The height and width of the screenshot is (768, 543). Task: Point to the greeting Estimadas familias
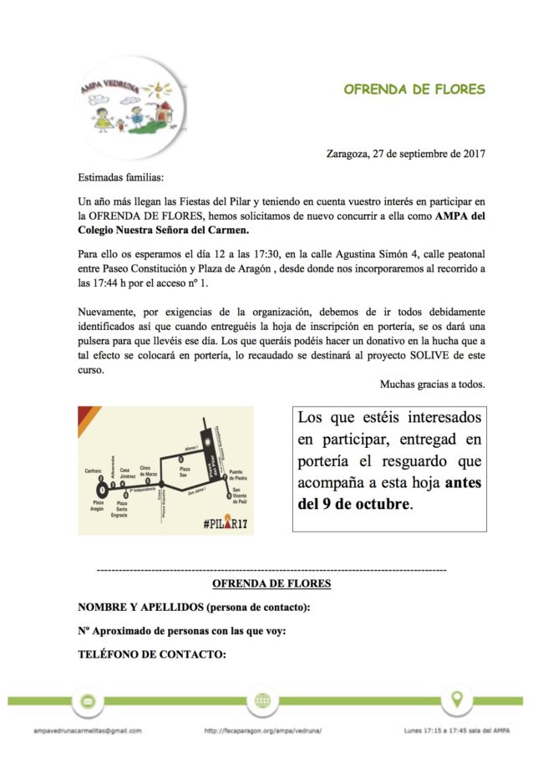tap(121, 178)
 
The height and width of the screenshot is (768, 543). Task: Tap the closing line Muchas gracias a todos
tap(433, 384)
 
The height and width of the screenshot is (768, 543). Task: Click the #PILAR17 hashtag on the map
tap(226, 523)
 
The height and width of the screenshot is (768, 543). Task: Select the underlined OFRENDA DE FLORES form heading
tap(271, 583)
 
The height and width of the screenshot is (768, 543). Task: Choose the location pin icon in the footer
tap(456, 699)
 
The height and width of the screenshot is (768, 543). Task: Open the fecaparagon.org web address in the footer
tap(263, 730)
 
